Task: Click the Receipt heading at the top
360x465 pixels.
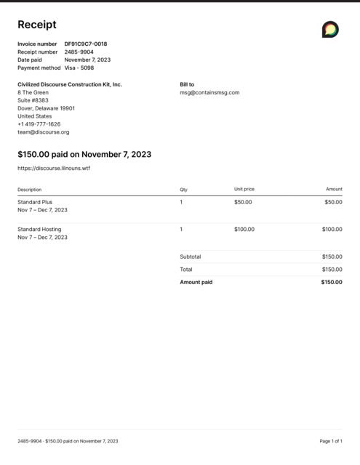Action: pyautogui.click(x=36, y=25)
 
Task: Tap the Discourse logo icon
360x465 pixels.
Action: pyautogui.click(x=330, y=29)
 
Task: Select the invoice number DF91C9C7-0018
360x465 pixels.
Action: pyautogui.click(x=85, y=44)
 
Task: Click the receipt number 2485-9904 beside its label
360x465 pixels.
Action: pyautogui.click(x=79, y=52)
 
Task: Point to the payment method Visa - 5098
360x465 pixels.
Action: pyautogui.click(x=79, y=68)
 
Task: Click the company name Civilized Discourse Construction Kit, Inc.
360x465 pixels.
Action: pyautogui.click(x=70, y=84)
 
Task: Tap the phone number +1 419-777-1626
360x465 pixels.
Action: pyautogui.click(x=39, y=124)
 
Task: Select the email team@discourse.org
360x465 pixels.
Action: pyautogui.click(x=43, y=132)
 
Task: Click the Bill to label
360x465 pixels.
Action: pyautogui.click(x=187, y=84)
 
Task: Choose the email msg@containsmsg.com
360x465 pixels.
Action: pyautogui.click(x=209, y=92)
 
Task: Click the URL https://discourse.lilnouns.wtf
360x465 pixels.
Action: pyautogui.click(x=54, y=168)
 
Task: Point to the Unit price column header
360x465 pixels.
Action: pyautogui.click(x=244, y=190)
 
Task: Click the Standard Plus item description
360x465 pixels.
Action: pyautogui.click(x=35, y=202)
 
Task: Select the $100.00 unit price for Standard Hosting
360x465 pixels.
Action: pyautogui.click(x=244, y=230)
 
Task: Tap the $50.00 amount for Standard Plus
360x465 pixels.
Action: pyautogui.click(x=333, y=202)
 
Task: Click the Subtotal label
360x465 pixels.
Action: pyautogui.click(x=191, y=256)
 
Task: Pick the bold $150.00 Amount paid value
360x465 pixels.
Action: pyautogui.click(x=331, y=282)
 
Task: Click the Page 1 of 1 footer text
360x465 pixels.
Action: pyautogui.click(x=331, y=441)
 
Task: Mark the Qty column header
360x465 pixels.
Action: pyautogui.click(x=183, y=190)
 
